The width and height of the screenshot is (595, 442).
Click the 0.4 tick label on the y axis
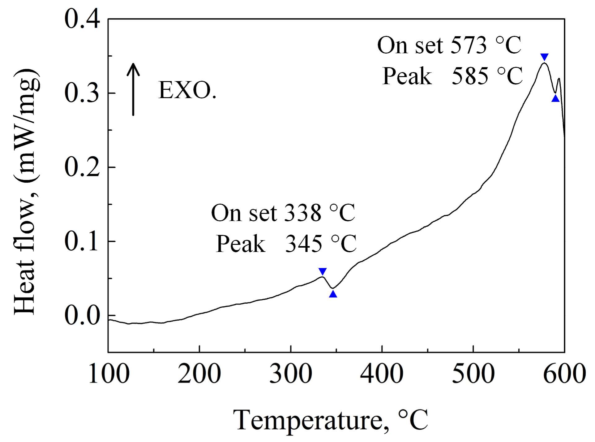[x=82, y=19]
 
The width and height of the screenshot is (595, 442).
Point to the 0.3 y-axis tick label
[x=82, y=93]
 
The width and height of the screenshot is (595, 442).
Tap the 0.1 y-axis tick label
[x=82, y=241]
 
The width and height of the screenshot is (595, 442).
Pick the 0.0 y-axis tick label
[x=82, y=315]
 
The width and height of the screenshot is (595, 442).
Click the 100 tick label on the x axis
[x=109, y=374]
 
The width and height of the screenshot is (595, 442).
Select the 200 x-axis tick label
[x=199, y=374]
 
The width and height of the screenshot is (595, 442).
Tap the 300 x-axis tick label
[x=291, y=374]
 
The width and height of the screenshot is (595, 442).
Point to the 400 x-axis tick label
[x=382, y=374]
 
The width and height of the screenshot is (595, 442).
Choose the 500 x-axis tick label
[x=473, y=374]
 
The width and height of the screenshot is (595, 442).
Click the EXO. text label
[x=187, y=90]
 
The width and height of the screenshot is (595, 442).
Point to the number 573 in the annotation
[x=469, y=45]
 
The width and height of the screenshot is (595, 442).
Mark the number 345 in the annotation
[x=303, y=244]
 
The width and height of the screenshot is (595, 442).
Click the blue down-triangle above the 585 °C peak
[x=544, y=57]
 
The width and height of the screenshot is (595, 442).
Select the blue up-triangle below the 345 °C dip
[x=333, y=294]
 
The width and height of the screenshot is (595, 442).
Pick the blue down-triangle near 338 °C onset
[x=323, y=271]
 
